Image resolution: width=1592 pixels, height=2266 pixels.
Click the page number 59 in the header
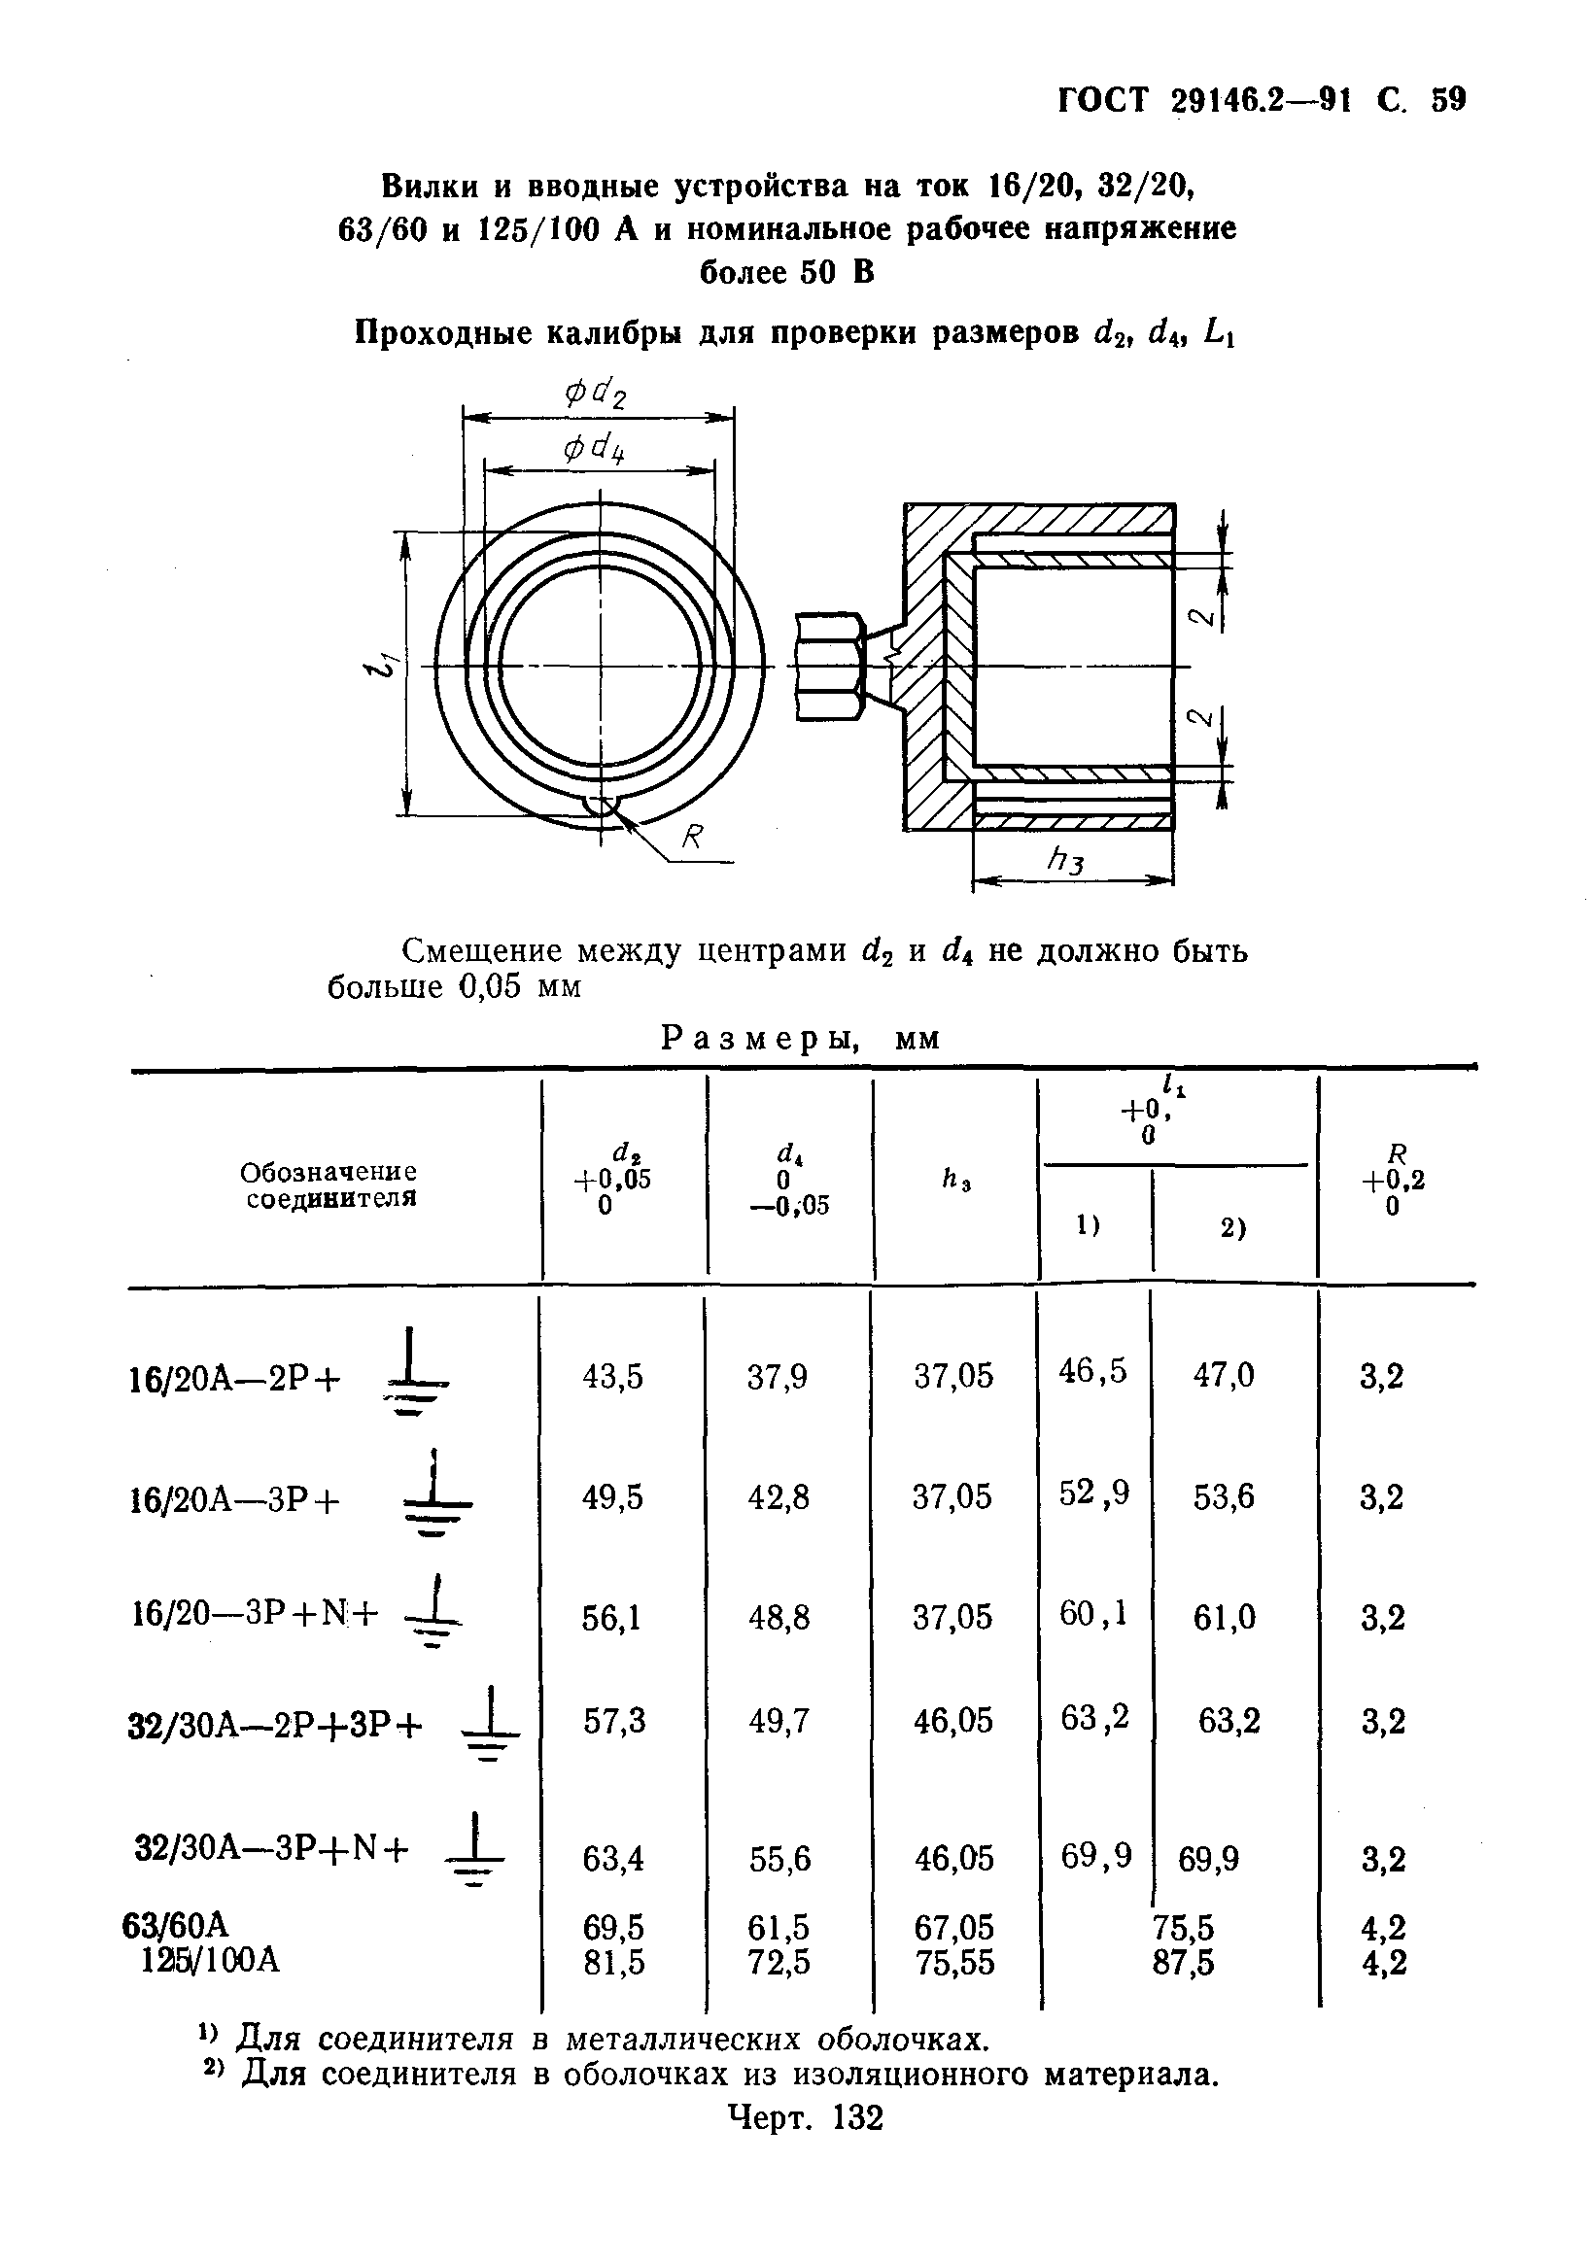tap(1448, 100)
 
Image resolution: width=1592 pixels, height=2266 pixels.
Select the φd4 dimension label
tap(595, 450)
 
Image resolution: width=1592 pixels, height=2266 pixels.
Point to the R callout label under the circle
tap(693, 837)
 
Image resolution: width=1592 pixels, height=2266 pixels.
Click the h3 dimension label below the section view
tap(1066, 862)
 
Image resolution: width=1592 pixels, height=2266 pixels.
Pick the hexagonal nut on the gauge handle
tap(830, 668)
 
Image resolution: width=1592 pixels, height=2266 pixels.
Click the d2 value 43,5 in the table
tap(612, 1376)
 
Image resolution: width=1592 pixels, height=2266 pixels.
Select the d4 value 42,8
tap(778, 1497)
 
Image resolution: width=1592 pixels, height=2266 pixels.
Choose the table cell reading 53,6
tap(1224, 1497)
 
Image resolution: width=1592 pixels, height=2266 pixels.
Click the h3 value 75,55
tap(954, 1963)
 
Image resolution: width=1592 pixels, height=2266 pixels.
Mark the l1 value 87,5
tap(1184, 1963)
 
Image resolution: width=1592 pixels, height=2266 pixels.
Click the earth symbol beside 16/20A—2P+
tap(411, 1376)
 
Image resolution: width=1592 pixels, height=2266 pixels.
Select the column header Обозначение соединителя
tap(329, 1185)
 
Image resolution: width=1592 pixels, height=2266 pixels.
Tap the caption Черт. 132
tap(805, 2118)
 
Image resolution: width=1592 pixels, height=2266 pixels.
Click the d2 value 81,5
tap(613, 1963)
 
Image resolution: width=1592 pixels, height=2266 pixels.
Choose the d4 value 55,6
tap(779, 1860)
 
